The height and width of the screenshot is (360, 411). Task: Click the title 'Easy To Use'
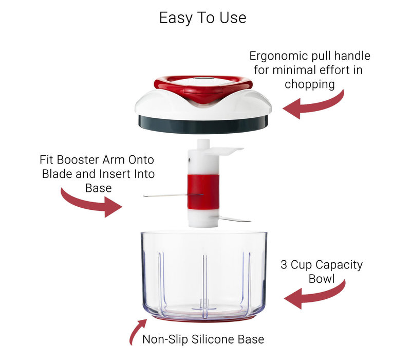(202, 18)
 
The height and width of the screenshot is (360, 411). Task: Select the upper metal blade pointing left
(164, 195)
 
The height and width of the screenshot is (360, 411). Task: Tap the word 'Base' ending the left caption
(99, 188)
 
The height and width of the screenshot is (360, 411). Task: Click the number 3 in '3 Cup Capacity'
(284, 265)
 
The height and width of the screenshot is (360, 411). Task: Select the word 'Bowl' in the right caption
(322, 279)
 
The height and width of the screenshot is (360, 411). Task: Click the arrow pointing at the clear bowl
(313, 297)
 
